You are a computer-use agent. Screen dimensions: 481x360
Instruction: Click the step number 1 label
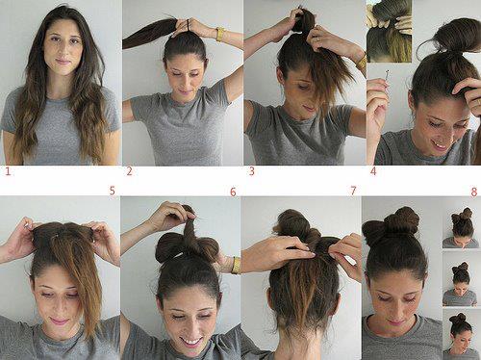pos(8,171)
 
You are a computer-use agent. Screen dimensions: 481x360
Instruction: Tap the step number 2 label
pos(129,171)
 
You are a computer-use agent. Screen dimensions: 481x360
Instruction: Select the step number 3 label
pos(252,171)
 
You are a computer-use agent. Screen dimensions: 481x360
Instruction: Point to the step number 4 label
pos(373,171)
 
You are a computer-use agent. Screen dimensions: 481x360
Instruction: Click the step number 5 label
pos(112,191)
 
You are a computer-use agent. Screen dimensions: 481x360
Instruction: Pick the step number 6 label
pos(233,192)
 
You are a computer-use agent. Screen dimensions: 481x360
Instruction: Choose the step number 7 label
pos(353,191)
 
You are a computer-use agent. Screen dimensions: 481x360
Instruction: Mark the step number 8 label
pos(474,192)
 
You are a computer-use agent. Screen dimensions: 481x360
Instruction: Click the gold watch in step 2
pos(220,34)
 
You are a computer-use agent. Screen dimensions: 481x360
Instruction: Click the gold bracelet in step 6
pos(236,265)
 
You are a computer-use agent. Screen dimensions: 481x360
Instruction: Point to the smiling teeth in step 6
pos(191,341)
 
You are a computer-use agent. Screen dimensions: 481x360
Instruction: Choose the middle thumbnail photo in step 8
pos(461,279)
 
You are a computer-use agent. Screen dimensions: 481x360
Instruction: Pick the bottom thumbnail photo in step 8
pos(461,334)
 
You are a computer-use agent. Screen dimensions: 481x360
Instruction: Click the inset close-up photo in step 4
pos(389,31)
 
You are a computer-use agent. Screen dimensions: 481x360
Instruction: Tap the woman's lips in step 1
pos(63,61)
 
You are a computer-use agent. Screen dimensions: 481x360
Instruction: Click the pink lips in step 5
pos(59,321)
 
